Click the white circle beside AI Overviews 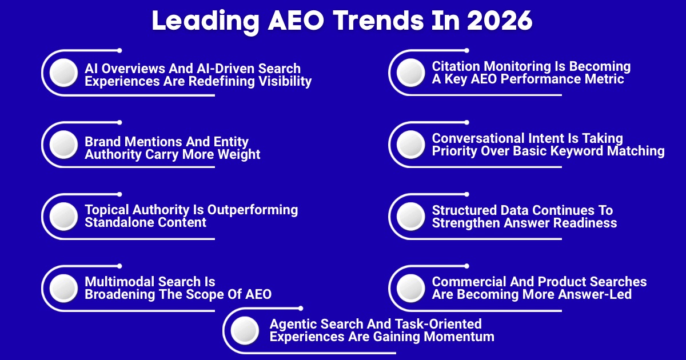[x=63, y=73]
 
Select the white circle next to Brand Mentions [x=63, y=145]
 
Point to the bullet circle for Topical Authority [x=63, y=217]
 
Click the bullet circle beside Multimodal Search [x=63, y=288]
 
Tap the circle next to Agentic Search [x=245, y=331]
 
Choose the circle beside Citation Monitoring [x=410, y=73]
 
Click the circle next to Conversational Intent [x=410, y=145]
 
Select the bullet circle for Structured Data [x=410, y=217]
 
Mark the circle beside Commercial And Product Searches [x=410, y=288]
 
